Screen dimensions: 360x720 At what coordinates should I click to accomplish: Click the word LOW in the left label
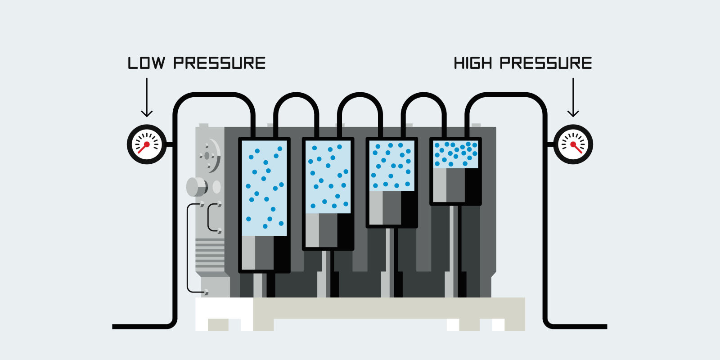pos(146,63)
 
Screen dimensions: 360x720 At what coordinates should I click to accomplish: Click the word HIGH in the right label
pos(473,63)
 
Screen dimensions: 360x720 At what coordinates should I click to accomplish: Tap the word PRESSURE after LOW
pos(220,63)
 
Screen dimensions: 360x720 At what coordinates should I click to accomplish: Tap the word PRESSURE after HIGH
pos(546,63)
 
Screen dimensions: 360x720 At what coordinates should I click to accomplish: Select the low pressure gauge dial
pos(147,144)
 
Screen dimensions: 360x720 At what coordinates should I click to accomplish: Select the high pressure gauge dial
pos(573,144)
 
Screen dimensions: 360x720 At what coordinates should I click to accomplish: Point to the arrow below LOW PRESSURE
pos(147,97)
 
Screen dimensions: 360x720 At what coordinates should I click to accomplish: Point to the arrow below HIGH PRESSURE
pos(573,97)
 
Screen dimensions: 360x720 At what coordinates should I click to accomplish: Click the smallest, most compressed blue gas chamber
pos(455,154)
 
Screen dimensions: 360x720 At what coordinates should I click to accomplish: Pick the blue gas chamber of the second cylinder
pos(328,176)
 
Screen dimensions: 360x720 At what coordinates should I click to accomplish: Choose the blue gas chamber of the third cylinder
pos(391,165)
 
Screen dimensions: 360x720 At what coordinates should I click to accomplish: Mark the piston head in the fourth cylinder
pos(455,185)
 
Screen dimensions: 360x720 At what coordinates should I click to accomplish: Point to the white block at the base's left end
pos(224,308)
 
